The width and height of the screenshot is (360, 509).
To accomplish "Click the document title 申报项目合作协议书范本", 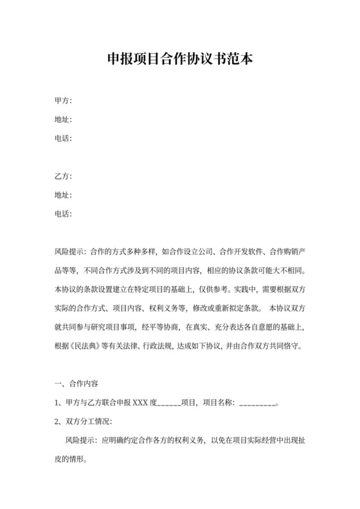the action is (180, 61).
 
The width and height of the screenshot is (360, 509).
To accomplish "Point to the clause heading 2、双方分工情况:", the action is (83, 422).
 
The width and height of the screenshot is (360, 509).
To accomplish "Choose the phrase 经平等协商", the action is (152, 326).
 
